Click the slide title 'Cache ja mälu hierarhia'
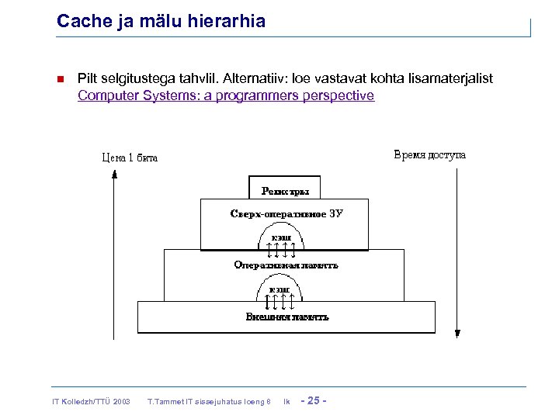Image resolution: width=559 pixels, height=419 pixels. click(x=161, y=21)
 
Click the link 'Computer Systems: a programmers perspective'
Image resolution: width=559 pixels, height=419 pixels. click(x=225, y=95)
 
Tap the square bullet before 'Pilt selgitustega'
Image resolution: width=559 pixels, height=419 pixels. click(x=61, y=79)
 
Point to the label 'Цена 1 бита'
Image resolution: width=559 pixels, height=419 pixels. click(x=130, y=158)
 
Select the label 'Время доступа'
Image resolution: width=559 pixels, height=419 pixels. click(x=430, y=154)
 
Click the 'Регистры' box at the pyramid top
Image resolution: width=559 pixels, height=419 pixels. click(x=284, y=189)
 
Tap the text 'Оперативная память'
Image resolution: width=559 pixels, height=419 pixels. click(x=286, y=265)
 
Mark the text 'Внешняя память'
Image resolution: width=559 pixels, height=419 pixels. click(x=286, y=317)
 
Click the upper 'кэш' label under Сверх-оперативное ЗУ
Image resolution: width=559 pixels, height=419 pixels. click(x=281, y=237)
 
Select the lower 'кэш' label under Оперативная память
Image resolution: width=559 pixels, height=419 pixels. click(x=279, y=289)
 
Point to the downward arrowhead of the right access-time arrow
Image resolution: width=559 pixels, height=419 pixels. click(x=457, y=334)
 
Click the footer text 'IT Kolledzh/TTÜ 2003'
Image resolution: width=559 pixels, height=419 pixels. click(x=91, y=401)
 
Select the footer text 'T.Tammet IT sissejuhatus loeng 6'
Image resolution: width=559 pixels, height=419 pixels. click(x=208, y=401)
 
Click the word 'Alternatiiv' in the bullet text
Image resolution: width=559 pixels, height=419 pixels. click(x=256, y=79)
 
